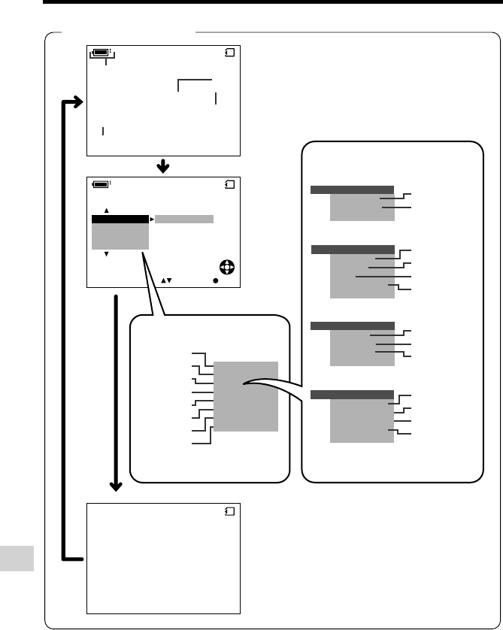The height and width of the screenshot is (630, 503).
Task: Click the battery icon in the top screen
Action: pyautogui.click(x=100, y=53)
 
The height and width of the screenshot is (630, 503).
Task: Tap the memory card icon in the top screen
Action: pyautogui.click(x=230, y=53)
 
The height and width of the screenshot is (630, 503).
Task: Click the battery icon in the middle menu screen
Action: pyautogui.click(x=100, y=183)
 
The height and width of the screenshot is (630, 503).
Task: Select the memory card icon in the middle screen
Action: pyautogui.click(x=230, y=183)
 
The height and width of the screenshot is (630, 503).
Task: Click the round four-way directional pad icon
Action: pyautogui.click(x=226, y=267)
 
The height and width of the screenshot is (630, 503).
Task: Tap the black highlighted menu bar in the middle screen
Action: pyautogui.click(x=120, y=219)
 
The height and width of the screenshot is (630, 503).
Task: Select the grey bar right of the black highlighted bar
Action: pyautogui.click(x=184, y=219)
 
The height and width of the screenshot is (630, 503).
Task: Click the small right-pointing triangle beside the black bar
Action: pyautogui.click(x=152, y=219)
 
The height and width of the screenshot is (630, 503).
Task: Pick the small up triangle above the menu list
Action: pyautogui.click(x=107, y=211)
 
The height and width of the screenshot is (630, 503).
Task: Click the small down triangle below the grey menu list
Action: pyautogui.click(x=107, y=254)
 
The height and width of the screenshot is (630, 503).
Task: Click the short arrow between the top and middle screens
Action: pyautogui.click(x=163, y=165)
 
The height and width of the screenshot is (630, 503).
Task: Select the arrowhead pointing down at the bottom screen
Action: pyautogui.click(x=117, y=486)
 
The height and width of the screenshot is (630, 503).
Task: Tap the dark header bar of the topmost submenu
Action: pyautogui.click(x=352, y=189)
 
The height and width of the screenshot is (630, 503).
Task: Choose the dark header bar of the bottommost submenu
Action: pyautogui.click(x=352, y=394)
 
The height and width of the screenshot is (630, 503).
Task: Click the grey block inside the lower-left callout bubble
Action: pyautogui.click(x=246, y=396)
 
